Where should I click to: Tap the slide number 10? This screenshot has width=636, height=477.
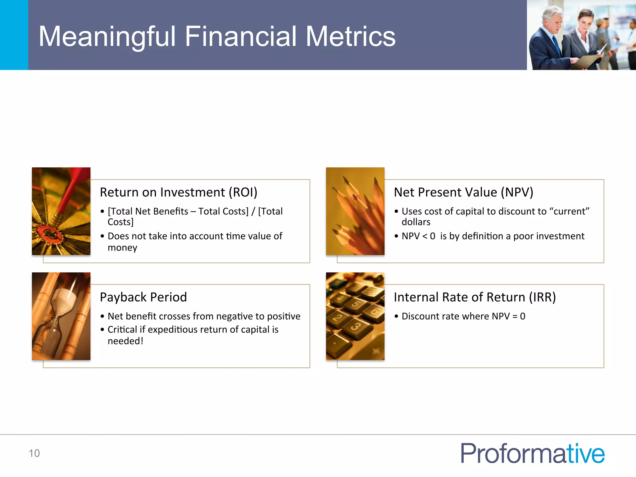tap(34, 453)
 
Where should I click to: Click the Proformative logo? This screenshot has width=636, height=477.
tap(532, 453)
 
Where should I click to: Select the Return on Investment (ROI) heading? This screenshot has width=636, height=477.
tap(179, 193)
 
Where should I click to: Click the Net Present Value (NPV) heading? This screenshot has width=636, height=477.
tap(463, 193)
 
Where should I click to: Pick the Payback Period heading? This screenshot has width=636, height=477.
tap(143, 297)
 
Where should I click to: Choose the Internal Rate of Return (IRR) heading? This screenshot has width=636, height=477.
tap(475, 297)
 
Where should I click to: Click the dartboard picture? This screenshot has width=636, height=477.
tap(61, 211)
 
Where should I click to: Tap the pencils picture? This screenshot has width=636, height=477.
tap(355, 211)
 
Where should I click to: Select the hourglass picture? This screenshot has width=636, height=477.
tap(61, 316)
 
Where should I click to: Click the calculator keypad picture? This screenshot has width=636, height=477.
tap(355, 316)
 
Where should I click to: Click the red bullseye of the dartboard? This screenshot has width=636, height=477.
tap(48, 233)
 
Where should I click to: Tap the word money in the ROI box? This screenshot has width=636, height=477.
tap(122, 248)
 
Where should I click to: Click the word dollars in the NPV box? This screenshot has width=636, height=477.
tap(416, 222)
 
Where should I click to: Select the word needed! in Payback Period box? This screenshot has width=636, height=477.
tap(125, 341)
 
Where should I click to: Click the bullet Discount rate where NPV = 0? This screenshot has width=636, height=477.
tap(463, 316)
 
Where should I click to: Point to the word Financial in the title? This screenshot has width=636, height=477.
tap(240, 37)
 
